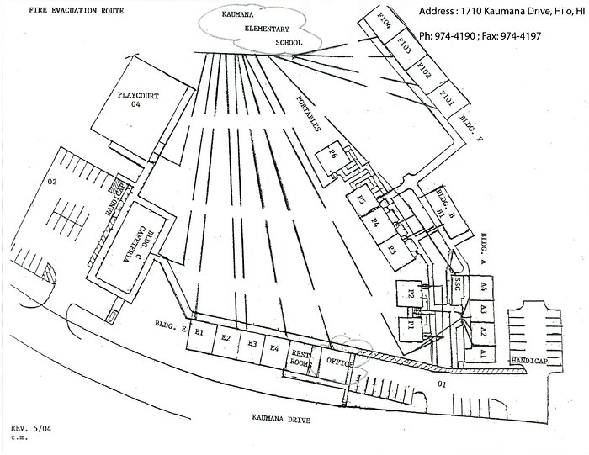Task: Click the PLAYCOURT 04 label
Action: coord(141,100)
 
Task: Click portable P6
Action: coord(333,154)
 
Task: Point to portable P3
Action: coord(392,249)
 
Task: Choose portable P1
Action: coord(413,324)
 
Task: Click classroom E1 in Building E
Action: coord(200,333)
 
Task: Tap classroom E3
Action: coord(252,343)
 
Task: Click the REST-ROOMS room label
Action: coord(300,357)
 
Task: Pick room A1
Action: coord(484,356)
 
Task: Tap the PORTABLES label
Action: coord(308,111)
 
